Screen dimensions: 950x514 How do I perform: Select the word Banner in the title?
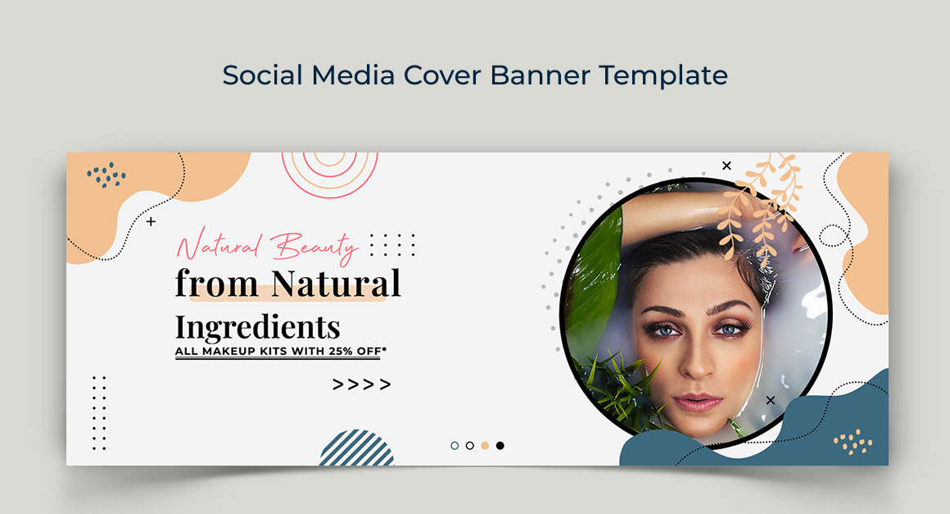[x=539, y=75]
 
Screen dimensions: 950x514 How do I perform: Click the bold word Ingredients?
[x=257, y=328]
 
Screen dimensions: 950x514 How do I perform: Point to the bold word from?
[x=216, y=283]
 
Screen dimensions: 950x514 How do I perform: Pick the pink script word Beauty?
[x=314, y=247]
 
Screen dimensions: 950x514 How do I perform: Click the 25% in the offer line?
[x=342, y=351]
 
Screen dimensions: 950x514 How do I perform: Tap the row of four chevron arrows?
[x=362, y=384]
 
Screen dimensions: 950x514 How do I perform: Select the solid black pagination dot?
[x=500, y=445]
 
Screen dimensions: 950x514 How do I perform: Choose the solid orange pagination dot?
[x=485, y=445]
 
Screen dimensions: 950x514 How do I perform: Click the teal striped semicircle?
[x=357, y=448]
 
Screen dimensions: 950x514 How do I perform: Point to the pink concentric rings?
[x=329, y=175]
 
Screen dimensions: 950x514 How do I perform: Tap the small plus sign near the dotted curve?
[x=151, y=221]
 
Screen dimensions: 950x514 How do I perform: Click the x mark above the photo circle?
[x=727, y=166]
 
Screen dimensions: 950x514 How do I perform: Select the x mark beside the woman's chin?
[x=771, y=400]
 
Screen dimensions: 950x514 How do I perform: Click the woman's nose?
[x=699, y=361]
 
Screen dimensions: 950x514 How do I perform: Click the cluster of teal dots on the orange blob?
[x=106, y=175]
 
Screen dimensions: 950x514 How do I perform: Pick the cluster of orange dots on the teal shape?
[x=853, y=442]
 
